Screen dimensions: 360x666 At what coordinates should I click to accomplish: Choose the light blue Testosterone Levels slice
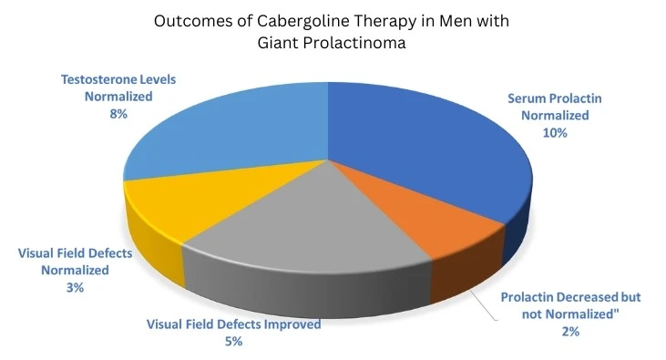pyautogui.click(x=228, y=137)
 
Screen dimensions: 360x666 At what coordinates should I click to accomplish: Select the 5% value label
pyautogui.click(x=234, y=342)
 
